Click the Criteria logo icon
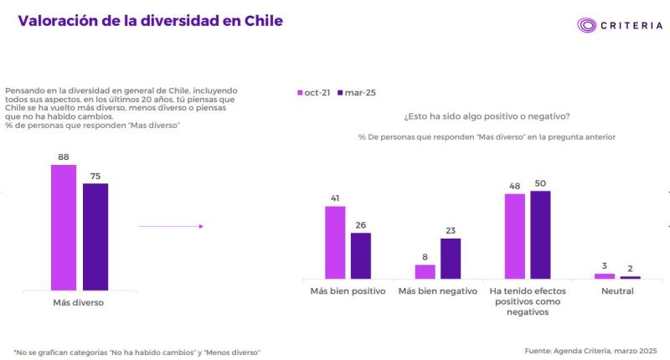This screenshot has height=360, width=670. click(x=585, y=25)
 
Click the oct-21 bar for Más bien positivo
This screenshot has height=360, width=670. click(x=335, y=242)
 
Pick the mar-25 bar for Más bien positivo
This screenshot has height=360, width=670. click(x=361, y=255)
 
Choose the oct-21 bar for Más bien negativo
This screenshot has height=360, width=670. click(x=425, y=271)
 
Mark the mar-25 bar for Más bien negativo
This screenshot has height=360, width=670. click(x=451, y=258)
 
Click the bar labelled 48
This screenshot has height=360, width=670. click(x=515, y=236)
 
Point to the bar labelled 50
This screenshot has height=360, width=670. click(x=541, y=234)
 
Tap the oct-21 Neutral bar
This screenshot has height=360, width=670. click(x=605, y=275)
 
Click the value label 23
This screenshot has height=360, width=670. click(x=451, y=230)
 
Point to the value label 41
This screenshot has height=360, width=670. click(x=335, y=198)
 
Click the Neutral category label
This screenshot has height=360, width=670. click(x=617, y=291)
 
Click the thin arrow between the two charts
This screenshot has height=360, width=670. click(x=171, y=226)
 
